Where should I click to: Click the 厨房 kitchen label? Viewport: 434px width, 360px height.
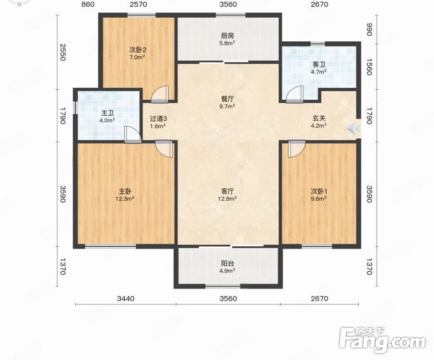pos(227,36)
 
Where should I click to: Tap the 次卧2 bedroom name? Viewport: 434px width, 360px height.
pos(138,50)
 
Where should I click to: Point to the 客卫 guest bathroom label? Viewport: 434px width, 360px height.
pos(319,65)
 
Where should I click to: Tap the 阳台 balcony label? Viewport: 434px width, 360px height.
pos(227,264)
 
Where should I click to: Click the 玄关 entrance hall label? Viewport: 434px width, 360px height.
pos(319,119)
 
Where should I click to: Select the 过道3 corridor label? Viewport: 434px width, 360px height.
pos(158,119)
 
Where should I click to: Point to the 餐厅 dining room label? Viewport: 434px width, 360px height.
pos(227,99)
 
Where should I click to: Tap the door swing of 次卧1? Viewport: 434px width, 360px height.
pos(296,149)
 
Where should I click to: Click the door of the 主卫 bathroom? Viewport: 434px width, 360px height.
pos(133,134)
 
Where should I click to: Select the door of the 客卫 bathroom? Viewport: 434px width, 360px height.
pos(294,94)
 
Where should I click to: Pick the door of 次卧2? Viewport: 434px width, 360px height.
pos(160,94)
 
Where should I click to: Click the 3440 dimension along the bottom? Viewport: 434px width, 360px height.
pos(126,299)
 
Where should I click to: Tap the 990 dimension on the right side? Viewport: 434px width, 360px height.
pos(369,29)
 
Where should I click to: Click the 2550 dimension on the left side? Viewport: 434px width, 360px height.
pos(62,52)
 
